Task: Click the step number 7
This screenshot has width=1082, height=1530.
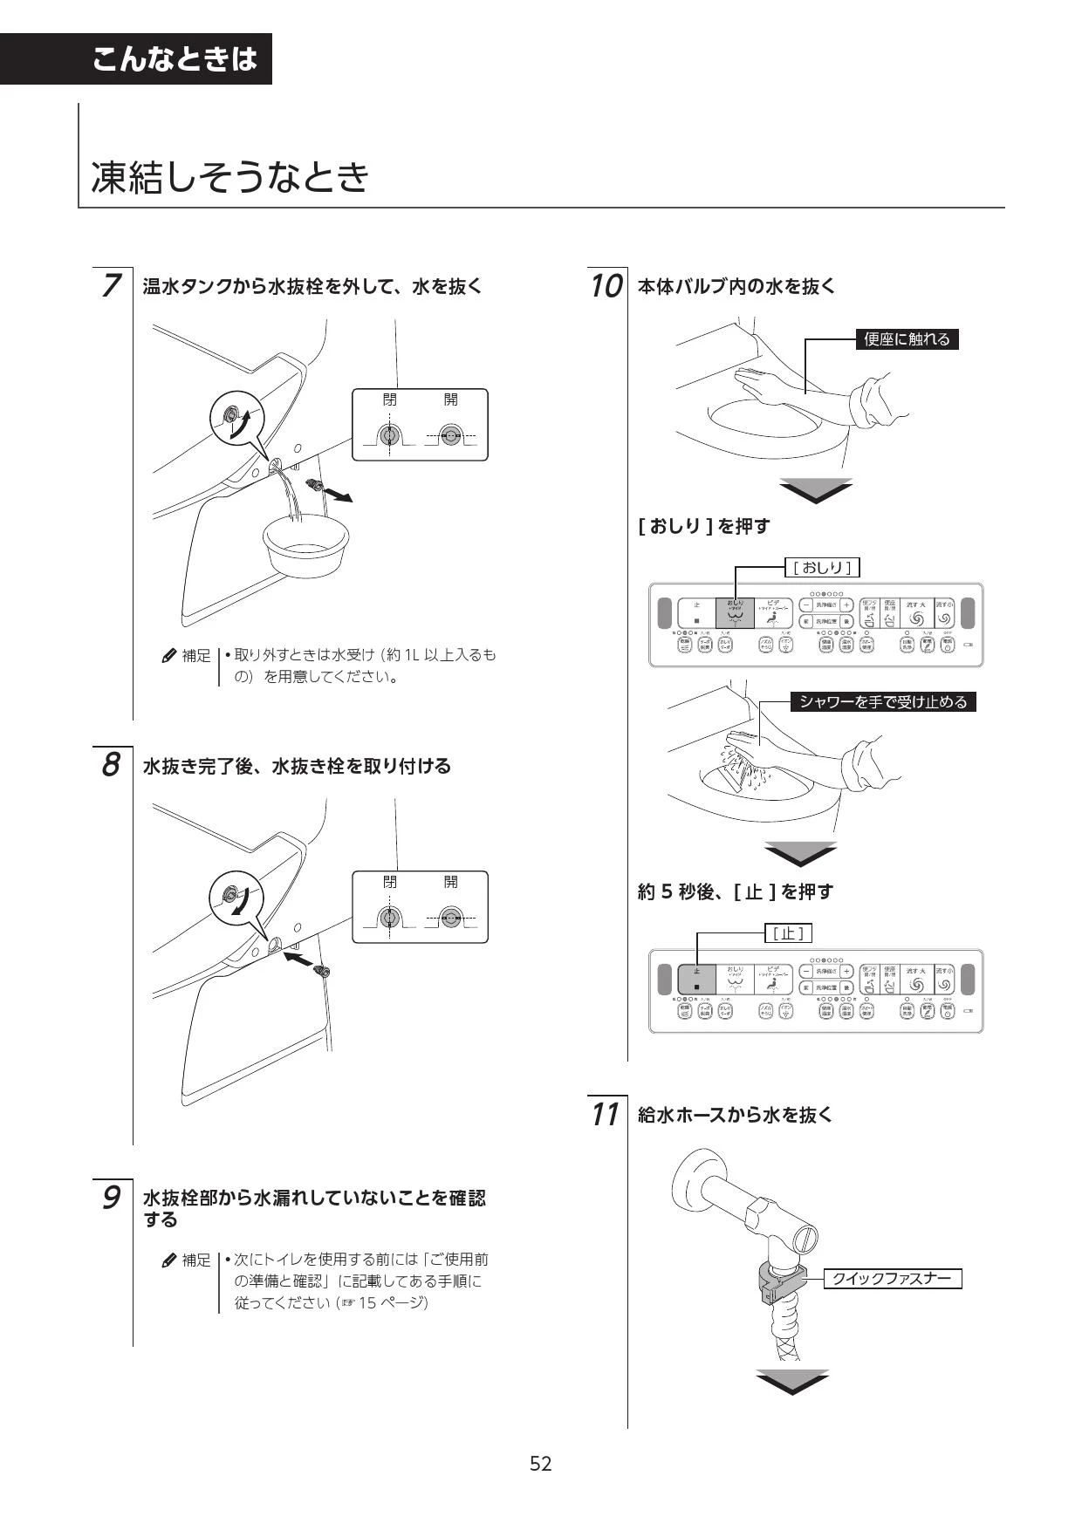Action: (110, 285)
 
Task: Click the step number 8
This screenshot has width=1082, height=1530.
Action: (110, 765)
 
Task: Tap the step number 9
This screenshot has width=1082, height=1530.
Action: (111, 1197)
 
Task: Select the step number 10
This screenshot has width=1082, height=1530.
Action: (606, 285)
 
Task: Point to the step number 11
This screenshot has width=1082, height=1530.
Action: (605, 1114)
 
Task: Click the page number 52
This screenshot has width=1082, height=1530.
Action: (541, 1463)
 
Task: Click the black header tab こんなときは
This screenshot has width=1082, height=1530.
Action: (175, 59)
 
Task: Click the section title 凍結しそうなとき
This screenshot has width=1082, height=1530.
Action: (230, 177)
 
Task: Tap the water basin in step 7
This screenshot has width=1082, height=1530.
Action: (306, 547)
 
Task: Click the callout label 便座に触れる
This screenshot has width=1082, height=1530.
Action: (907, 339)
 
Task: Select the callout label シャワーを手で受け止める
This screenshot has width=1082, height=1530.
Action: (883, 701)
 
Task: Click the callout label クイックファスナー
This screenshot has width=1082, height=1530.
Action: (891, 1279)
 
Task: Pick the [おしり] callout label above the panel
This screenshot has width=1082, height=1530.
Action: (822, 568)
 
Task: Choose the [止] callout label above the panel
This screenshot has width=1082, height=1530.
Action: (788, 933)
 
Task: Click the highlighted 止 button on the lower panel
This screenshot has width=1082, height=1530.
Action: (696, 979)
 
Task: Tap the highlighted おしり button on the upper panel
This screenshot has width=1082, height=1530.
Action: (735, 612)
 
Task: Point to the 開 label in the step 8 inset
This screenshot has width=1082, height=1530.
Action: (450, 882)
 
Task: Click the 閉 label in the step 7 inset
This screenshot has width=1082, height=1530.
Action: (389, 400)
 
